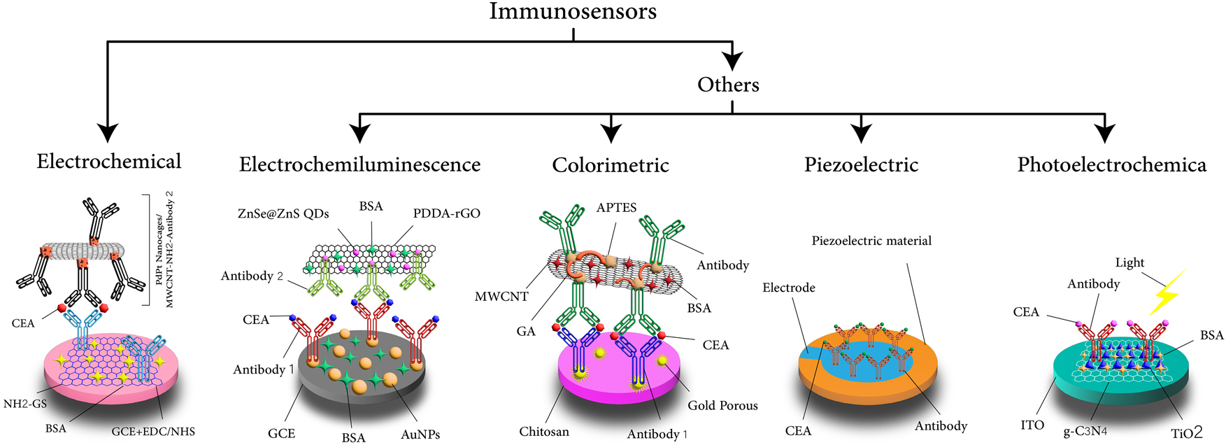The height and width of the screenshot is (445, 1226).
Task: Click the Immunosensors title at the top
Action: click(573, 12)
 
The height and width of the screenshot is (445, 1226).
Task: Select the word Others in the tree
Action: click(728, 85)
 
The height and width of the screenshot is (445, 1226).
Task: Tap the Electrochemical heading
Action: click(109, 162)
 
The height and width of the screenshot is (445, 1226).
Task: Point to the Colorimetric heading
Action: click(611, 165)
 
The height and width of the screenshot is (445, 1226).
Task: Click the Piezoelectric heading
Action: click(861, 165)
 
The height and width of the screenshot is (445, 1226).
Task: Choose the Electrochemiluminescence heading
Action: click(359, 164)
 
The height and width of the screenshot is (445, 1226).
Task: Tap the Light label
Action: click(1129, 262)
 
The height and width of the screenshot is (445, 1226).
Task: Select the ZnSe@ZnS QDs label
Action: click(283, 213)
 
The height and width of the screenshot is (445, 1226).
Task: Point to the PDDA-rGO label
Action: click(446, 213)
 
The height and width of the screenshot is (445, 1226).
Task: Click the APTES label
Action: click(616, 208)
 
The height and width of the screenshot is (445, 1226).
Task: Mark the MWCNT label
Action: click(501, 297)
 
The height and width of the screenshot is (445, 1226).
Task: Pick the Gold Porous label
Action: click(722, 405)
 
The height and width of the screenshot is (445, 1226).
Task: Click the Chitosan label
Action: click(543, 432)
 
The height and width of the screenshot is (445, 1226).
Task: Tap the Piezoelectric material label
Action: click(871, 241)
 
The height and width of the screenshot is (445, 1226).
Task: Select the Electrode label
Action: click(788, 288)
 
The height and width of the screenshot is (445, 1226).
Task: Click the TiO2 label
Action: click(1187, 433)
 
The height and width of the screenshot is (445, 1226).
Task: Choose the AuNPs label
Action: click(420, 435)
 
